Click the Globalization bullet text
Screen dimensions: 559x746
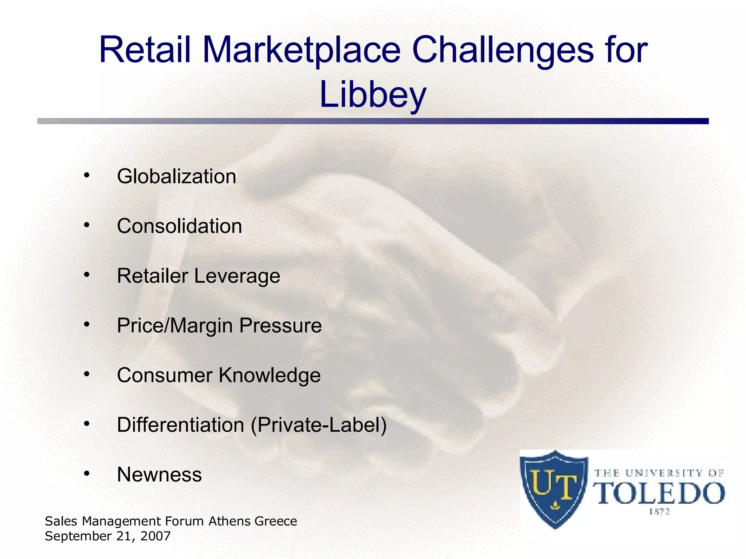pyautogui.click(x=177, y=177)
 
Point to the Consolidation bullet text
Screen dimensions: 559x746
pyautogui.click(x=179, y=226)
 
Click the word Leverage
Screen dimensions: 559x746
pyautogui.click(x=237, y=276)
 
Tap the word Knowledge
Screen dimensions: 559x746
pyautogui.click(x=270, y=375)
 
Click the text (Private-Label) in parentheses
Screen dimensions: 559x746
pyautogui.click(x=319, y=425)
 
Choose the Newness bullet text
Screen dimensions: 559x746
pyautogui.click(x=159, y=475)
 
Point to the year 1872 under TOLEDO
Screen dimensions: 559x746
pyautogui.click(x=659, y=512)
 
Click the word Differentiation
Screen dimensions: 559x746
pyautogui.click(x=180, y=425)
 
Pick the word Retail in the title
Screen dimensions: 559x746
pyautogui.click(x=145, y=50)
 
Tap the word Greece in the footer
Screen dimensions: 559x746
pyautogui.click(x=276, y=521)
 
